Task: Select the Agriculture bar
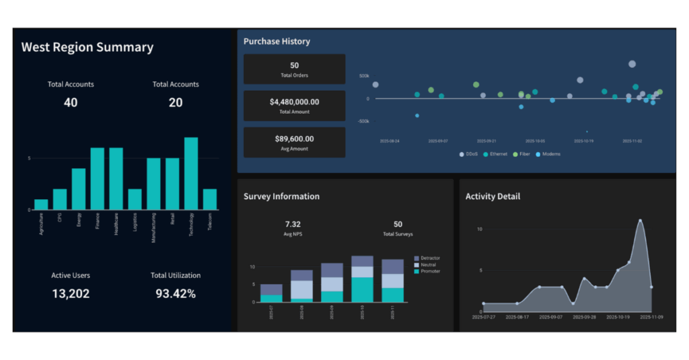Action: click(41, 205)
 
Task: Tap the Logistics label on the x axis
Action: click(135, 223)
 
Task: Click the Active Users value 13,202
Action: click(71, 294)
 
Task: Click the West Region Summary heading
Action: click(87, 47)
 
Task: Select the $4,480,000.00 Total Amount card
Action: click(294, 106)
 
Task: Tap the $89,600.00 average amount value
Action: click(294, 139)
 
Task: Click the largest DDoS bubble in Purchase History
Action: click(632, 64)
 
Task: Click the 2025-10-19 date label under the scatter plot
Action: click(583, 142)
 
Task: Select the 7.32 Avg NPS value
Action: click(293, 224)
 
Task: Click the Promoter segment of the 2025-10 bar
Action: click(362, 289)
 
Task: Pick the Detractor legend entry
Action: click(429, 258)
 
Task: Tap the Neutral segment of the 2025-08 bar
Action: click(301, 289)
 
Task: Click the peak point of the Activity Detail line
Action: click(640, 221)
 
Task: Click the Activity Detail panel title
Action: click(493, 196)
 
